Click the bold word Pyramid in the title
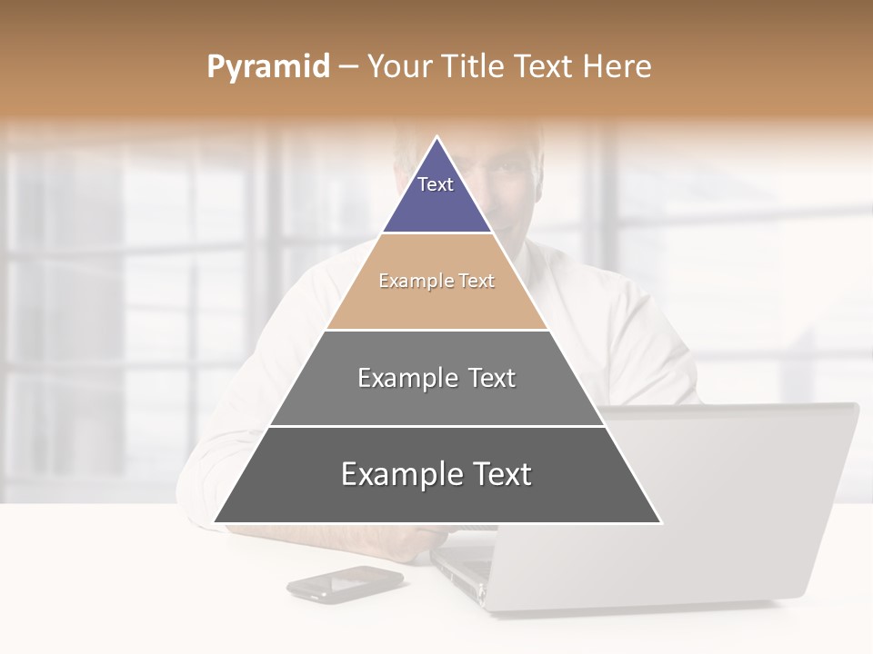click(268, 67)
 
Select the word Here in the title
click(617, 67)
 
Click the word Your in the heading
click(398, 67)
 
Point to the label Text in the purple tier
click(436, 184)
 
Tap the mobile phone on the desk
click(345, 583)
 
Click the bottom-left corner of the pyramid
click(216, 521)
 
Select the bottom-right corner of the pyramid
click(659, 521)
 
